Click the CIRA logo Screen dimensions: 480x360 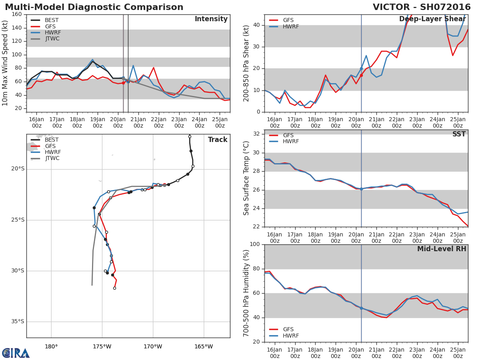(16, 353)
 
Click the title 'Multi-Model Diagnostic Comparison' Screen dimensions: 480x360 (94, 7)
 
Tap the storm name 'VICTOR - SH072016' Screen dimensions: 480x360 (422, 7)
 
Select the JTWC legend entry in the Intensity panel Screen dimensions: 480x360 (45, 39)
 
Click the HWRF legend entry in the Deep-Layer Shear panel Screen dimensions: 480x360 (284, 26)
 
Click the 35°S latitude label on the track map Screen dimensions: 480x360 (18, 321)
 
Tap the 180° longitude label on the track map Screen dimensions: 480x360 (51, 346)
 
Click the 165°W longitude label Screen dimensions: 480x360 (204, 346)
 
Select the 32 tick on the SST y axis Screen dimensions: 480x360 (256, 134)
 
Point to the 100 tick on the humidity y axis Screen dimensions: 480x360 (255, 244)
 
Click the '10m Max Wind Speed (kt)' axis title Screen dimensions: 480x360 (5, 63)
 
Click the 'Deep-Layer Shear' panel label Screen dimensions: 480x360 (432, 19)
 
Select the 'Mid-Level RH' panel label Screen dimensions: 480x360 (442, 249)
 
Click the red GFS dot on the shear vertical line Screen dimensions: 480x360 (361, 76)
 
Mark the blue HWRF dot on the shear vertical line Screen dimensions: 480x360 (361, 69)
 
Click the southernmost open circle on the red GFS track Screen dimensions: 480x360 (114, 288)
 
